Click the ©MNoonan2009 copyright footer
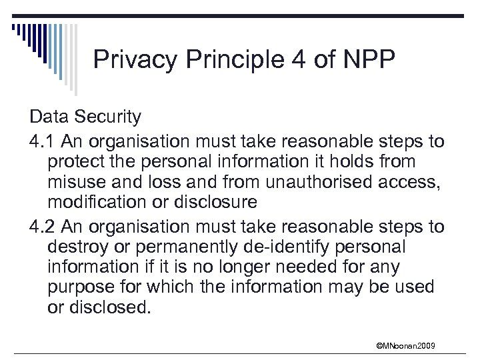(x=406, y=346)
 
